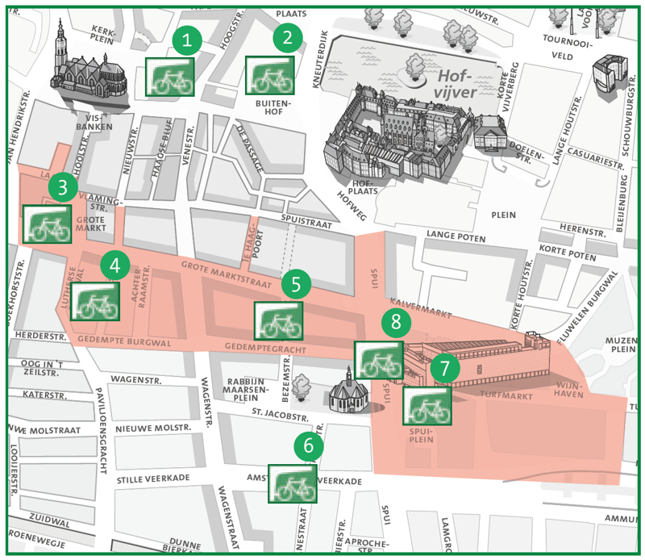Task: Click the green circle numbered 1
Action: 188,40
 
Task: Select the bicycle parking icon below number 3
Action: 46,224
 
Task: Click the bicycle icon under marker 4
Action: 96,299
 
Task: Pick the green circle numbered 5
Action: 297,283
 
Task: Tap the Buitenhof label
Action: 271,109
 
